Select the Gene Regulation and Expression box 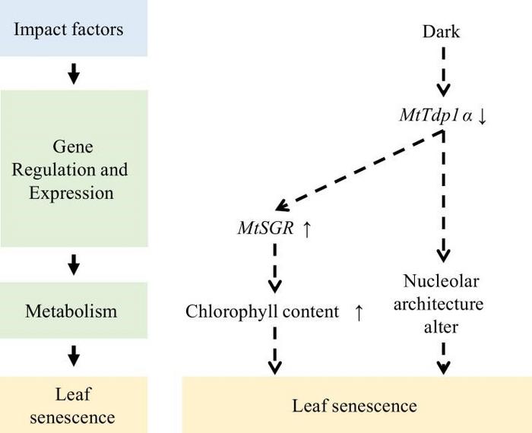tap(73, 168)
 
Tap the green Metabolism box tap(73, 311)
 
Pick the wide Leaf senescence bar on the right tap(355, 406)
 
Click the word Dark tap(441, 32)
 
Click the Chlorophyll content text tap(262, 312)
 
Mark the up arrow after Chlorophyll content tap(359, 312)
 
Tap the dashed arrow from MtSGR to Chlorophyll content tap(275, 270)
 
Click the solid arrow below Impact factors tap(73, 74)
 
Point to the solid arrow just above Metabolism tap(73, 264)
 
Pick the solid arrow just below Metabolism tap(73, 354)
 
